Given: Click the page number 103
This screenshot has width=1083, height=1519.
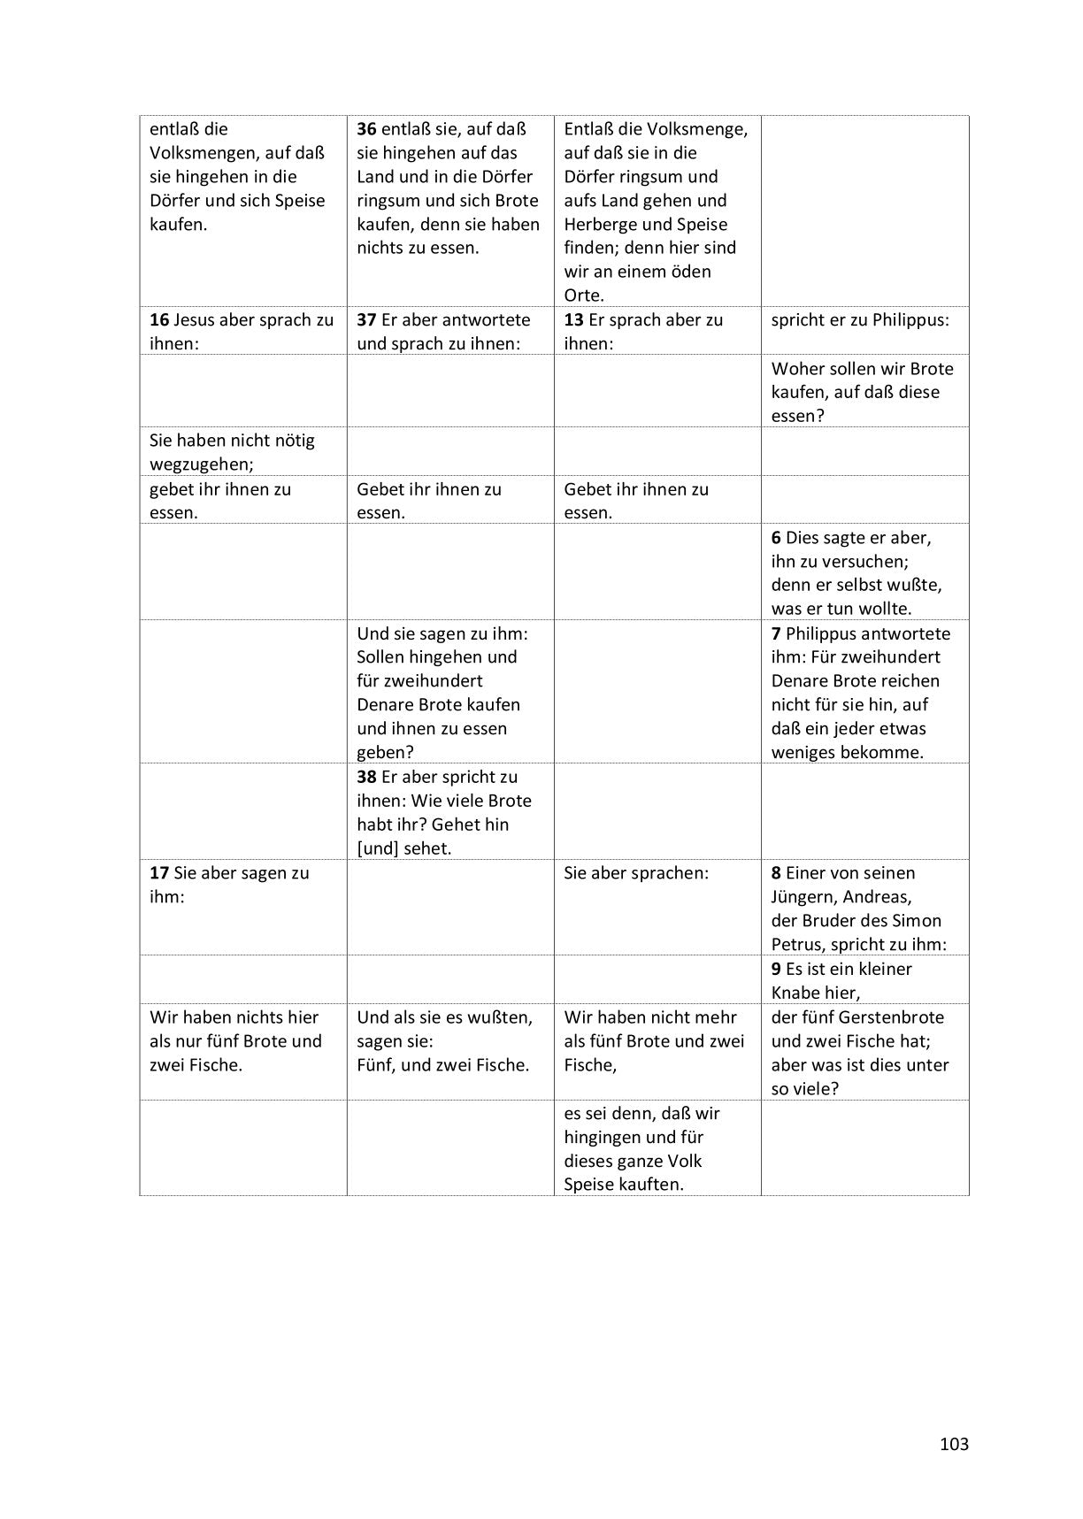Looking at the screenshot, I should [x=954, y=1445].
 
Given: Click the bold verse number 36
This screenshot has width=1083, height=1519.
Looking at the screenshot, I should [x=366, y=129].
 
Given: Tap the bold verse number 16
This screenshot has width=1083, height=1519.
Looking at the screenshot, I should [x=159, y=320].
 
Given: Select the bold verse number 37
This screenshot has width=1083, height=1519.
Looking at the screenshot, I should [x=366, y=320].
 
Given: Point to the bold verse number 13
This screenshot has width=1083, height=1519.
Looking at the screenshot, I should [x=573, y=320].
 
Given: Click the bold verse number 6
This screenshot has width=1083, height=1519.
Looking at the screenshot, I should [x=776, y=538].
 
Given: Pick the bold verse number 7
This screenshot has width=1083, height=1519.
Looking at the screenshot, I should [x=776, y=633].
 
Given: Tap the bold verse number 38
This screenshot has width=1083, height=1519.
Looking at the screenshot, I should [x=366, y=777].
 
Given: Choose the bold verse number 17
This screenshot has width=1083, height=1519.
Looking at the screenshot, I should [x=159, y=873].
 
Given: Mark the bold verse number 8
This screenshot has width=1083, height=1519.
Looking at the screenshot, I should [x=776, y=873].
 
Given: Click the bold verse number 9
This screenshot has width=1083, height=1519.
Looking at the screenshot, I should [x=776, y=969].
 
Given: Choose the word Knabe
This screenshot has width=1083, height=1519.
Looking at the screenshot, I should [x=801, y=993].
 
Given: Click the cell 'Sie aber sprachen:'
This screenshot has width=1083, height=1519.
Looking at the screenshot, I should [x=636, y=873].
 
